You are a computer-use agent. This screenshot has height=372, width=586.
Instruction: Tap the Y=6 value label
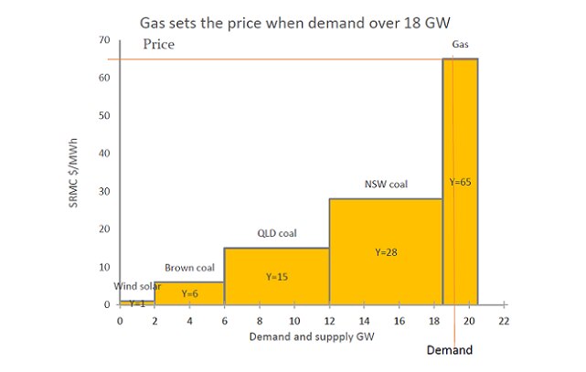pos(190,293)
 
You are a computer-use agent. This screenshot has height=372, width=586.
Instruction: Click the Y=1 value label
pos(137,303)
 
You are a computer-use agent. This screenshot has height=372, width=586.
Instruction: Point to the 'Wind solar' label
pos(138,286)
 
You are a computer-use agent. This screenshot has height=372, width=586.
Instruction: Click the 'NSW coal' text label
pos(385,184)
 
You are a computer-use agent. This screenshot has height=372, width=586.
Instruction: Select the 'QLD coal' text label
pos(276,234)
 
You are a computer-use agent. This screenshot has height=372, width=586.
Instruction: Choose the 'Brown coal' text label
pos(189,268)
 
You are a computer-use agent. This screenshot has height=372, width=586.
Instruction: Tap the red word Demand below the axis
pos(450,350)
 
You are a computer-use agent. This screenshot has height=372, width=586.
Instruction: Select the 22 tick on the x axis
pos(504,322)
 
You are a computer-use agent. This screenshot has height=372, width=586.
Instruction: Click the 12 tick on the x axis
pos(329,322)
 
